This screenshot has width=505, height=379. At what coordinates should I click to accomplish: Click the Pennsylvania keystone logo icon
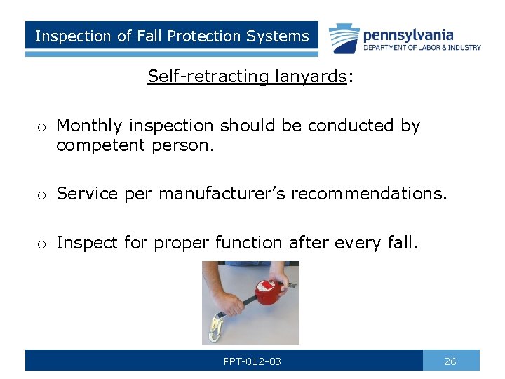[344, 39]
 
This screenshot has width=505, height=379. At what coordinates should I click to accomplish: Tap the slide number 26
[450, 361]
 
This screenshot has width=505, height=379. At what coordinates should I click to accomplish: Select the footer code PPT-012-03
[252, 361]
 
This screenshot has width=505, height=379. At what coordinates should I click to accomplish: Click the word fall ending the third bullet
[403, 243]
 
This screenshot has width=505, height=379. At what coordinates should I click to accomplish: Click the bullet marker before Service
[43, 195]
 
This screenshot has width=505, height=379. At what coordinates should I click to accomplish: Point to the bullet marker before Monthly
[43, 128]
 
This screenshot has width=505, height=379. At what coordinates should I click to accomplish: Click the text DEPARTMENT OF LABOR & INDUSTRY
[422, 48]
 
